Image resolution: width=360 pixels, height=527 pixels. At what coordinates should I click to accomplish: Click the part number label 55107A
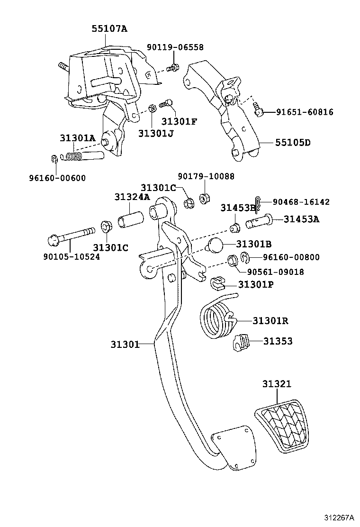click(x=109, y=28)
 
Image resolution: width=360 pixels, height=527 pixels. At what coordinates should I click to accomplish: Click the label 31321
click(x=277, y=384)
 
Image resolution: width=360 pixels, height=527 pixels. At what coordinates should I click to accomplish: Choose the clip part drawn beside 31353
click(x=241, y=343)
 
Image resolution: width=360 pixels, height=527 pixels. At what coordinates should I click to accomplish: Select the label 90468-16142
click(x=301, y=202)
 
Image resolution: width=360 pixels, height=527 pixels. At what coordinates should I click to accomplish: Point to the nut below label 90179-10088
click(x=205, y=197)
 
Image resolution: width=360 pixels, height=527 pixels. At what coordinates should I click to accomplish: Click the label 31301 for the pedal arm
click(x=125, y=345)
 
